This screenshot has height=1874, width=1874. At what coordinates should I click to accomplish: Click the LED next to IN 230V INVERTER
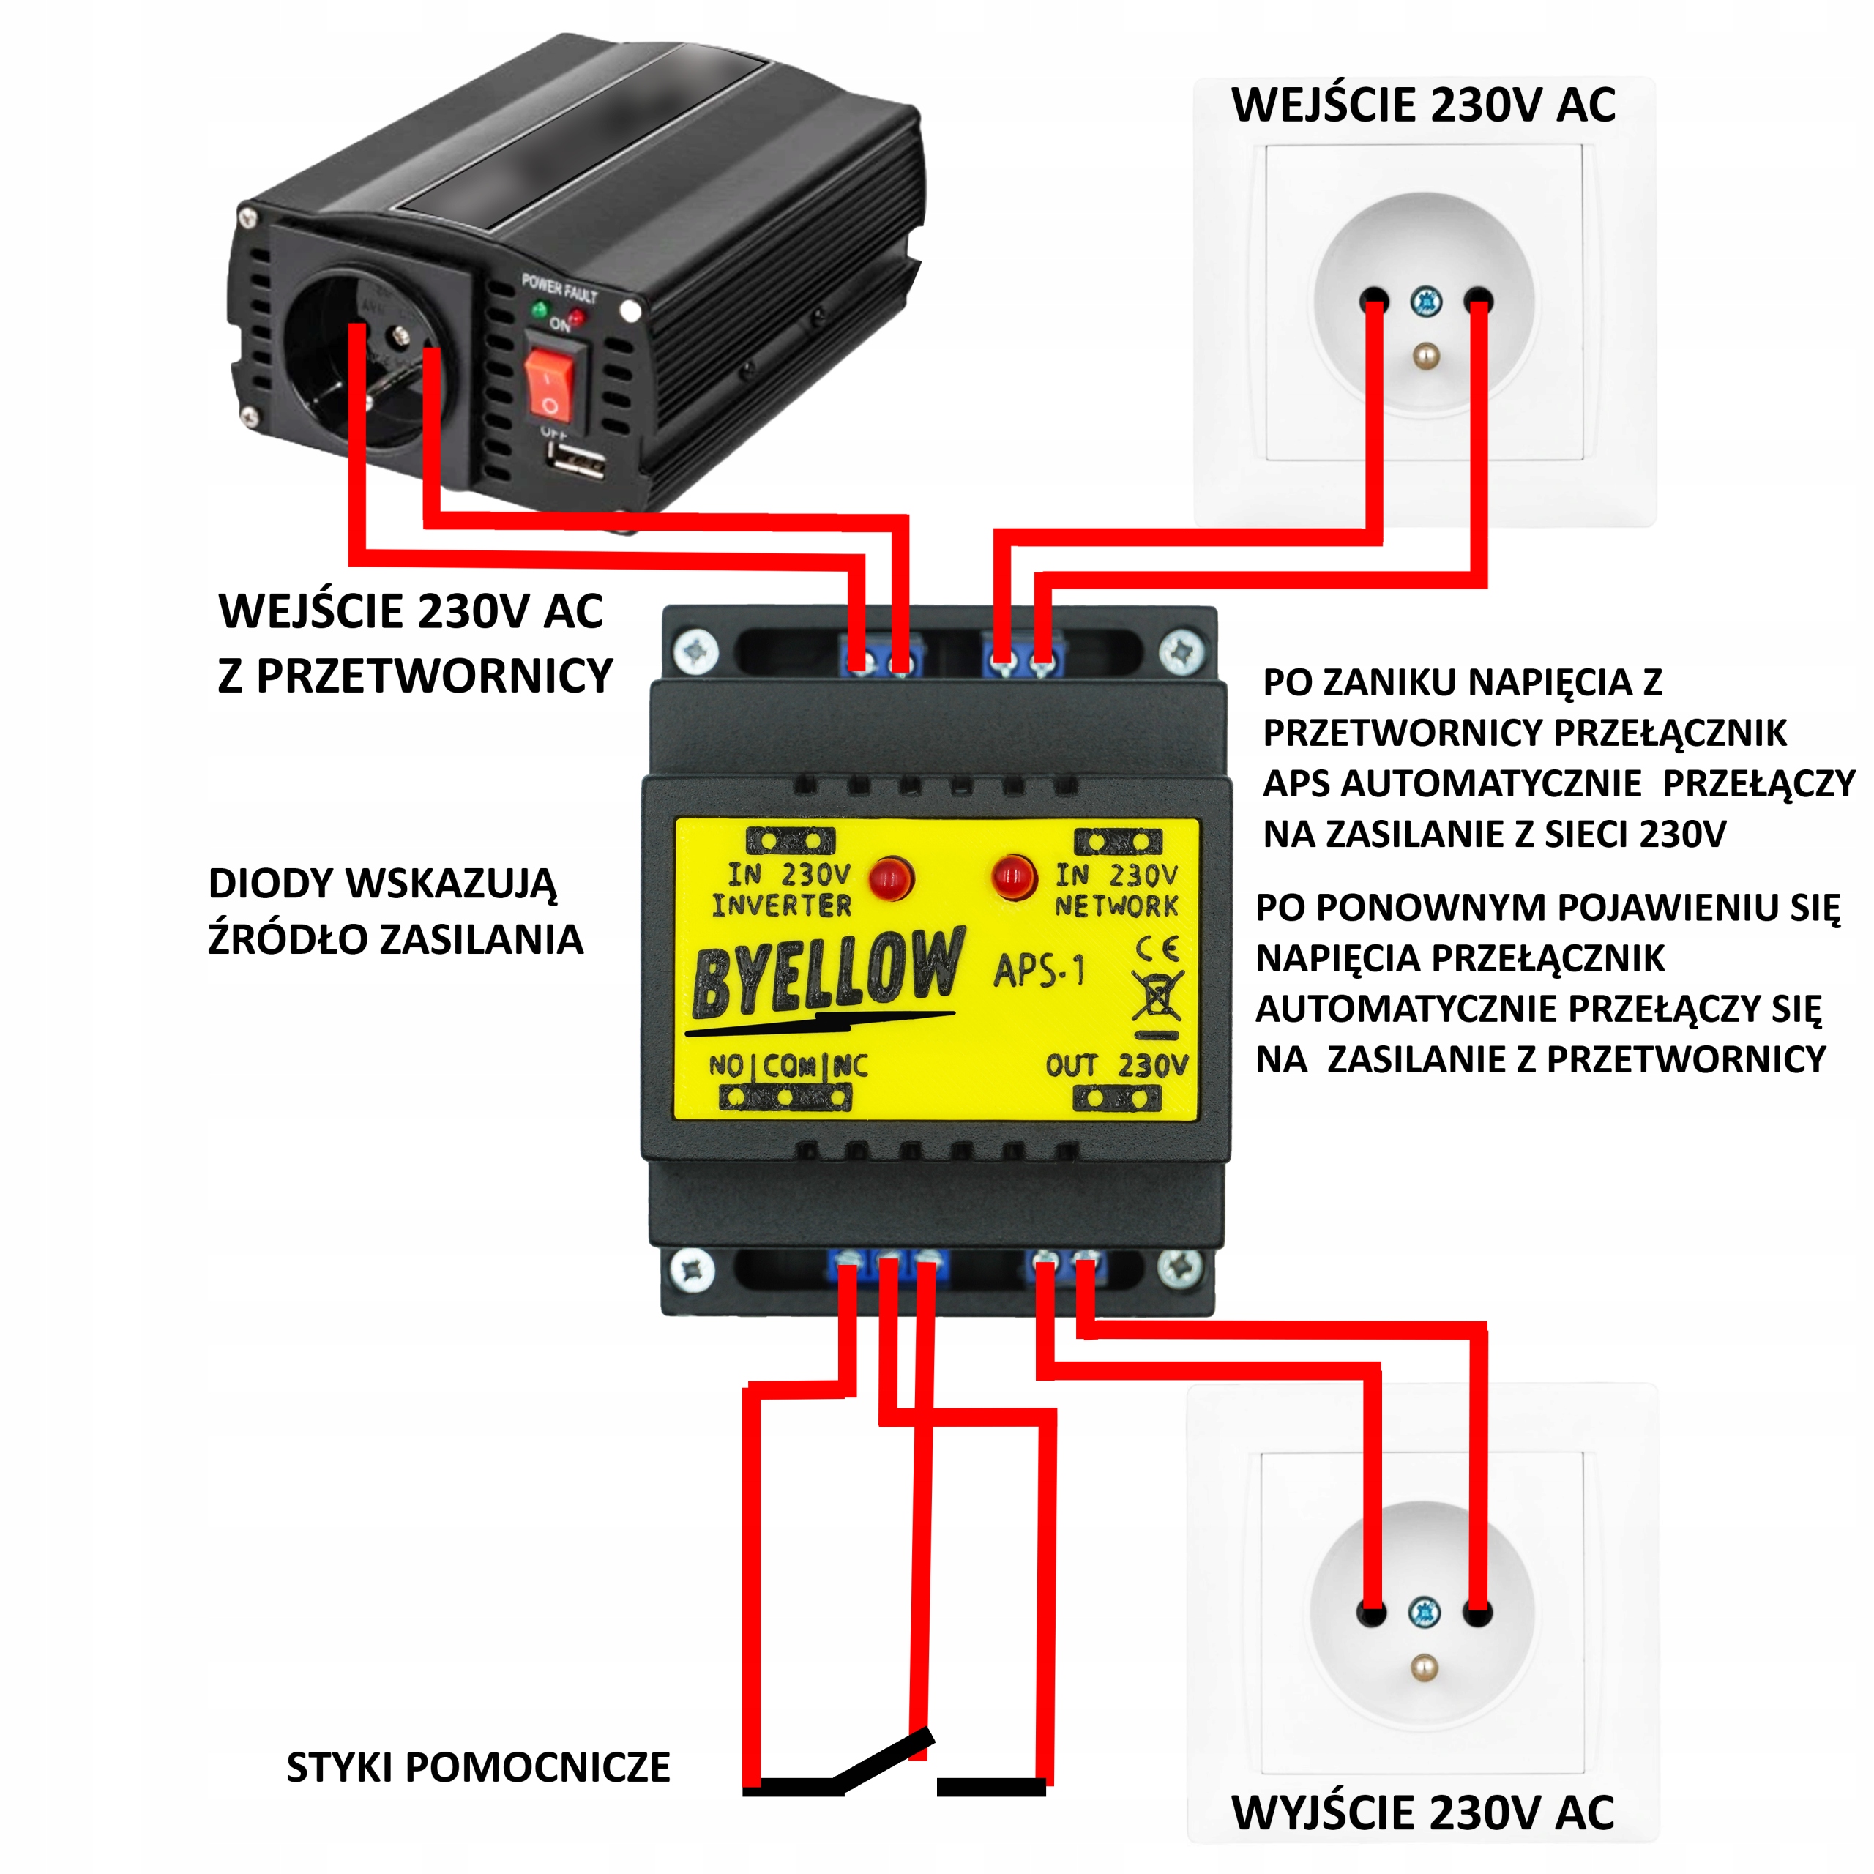889,878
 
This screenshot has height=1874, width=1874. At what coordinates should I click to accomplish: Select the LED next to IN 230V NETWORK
1012,877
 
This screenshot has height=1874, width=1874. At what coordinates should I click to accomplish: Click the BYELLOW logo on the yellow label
827,975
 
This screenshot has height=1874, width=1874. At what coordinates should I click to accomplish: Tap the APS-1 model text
1038,970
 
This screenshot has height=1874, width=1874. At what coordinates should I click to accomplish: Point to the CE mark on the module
1157,949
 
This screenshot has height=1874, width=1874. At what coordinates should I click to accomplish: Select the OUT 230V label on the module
1116,1066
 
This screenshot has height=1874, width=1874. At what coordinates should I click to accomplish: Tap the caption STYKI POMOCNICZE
478,1767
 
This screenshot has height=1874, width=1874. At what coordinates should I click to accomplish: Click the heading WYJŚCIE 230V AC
1423,1812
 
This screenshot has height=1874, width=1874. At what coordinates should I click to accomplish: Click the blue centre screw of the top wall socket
1425,302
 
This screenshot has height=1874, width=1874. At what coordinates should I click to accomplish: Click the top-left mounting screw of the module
695,650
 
